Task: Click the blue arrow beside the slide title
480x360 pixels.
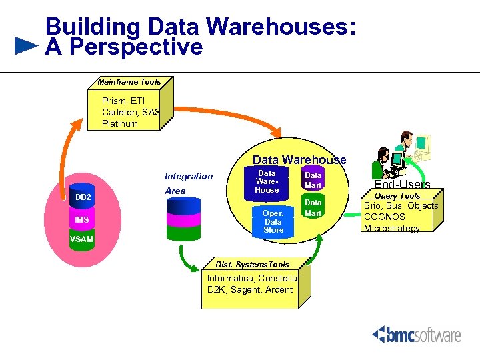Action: pyautogui.click(x=26, y=46)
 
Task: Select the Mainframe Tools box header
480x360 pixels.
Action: pyautogui.click(x=129, y=82)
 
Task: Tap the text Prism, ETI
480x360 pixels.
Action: pyautogui.click(x=123, y=101)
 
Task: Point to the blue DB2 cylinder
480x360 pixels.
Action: pyautogui.click(x=83, y=197)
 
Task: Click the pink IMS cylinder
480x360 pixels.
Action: pyautogui.click(x=82, y=220)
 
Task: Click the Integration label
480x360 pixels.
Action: pyautogui.click(x=189, y=176)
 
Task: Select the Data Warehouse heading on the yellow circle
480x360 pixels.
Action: pyautogui.click(x=299, y=159)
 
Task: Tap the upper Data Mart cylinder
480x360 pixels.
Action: pyautogui.click(x=313, y=180)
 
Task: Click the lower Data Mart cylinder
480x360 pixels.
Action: pyautogui.click(x=313, y=207)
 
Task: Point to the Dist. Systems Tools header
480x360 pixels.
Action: pyautogui.click(x=252, y=265)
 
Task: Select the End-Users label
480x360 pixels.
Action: pyautogui.click(x=402, y=185)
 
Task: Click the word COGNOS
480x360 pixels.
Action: pyautogui.click(x=385, y=217)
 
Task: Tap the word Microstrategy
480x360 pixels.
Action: pyautogui.click(x=392, y=228)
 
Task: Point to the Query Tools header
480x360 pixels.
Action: pyautogui.click(x=397, y=196)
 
